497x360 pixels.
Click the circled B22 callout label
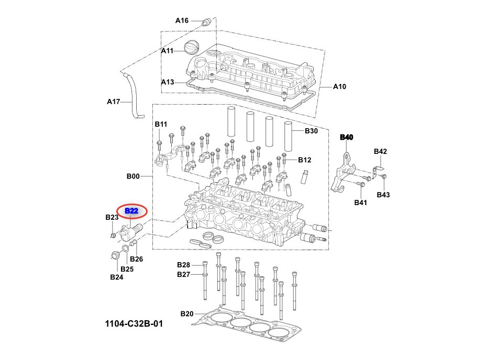(131, 211)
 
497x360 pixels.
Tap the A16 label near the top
(182, 20)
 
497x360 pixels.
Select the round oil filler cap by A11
(192, 49)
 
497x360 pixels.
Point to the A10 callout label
(339, 86)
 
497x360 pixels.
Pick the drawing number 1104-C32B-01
(134, 323)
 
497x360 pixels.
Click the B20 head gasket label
(186, 314)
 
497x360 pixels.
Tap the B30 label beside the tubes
(311, 131)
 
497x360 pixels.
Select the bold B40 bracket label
(347, 137)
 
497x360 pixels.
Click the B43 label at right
(383, 195)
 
